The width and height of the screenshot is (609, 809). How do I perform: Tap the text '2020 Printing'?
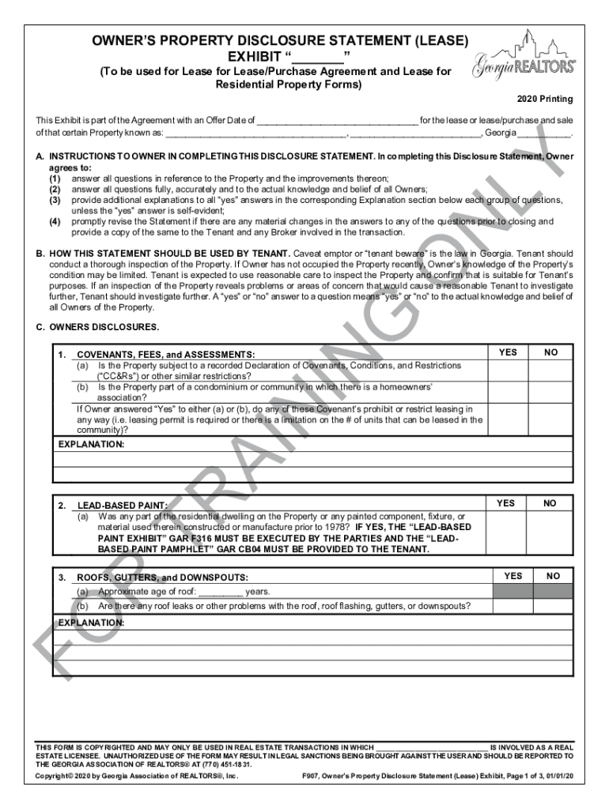coord(545,100)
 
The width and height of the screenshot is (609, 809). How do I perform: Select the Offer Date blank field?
coord(336,121)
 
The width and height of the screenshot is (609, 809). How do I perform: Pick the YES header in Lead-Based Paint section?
coord(505,503)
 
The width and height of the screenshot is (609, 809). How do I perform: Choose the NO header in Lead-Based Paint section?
coord(550,503)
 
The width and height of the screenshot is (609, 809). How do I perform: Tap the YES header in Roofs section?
coord(513,576)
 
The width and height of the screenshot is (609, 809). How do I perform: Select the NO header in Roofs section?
coord(554,576)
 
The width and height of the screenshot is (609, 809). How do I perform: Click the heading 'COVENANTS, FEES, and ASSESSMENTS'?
coord(165,356)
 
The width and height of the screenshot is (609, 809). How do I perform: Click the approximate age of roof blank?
coord(220,592)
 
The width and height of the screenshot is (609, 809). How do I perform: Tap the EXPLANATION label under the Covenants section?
coord(92,445)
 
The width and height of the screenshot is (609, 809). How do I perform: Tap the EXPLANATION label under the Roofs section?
coord(92,623)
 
